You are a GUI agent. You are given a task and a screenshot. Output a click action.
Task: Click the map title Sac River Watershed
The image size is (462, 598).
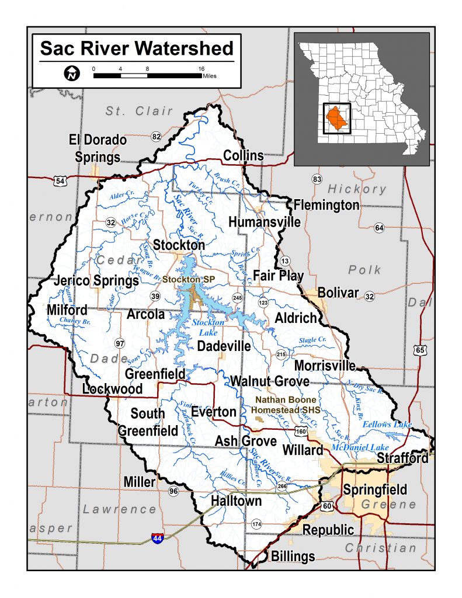coord(136,48)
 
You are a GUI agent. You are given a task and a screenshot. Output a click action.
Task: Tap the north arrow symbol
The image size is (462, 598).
coord(71,74)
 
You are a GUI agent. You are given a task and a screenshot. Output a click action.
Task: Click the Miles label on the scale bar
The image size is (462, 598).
coord(209,77)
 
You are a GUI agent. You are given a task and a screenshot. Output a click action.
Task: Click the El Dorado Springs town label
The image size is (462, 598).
coord(98,148)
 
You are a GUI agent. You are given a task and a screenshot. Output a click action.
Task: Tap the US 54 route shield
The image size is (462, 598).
coord(61,181)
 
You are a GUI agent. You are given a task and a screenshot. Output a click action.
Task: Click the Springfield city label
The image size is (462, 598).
coord(375,489)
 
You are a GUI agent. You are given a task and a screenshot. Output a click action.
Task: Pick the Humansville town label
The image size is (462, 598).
coord(265,222)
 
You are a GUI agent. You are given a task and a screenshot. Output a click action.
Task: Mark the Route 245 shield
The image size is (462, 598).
coord(237,297)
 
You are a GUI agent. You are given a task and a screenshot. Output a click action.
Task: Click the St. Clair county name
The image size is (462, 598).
coord(140,111)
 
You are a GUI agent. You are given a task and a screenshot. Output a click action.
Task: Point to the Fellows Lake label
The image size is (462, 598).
coord(387,425)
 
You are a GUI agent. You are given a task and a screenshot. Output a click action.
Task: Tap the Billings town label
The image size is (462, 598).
coord(293,557)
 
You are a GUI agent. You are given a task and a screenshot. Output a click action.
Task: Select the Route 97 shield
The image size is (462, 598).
coord(120,342)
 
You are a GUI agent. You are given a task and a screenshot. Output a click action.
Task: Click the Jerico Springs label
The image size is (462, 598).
coord(96,280)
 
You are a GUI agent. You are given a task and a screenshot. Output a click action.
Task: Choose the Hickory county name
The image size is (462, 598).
coord(357,189)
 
